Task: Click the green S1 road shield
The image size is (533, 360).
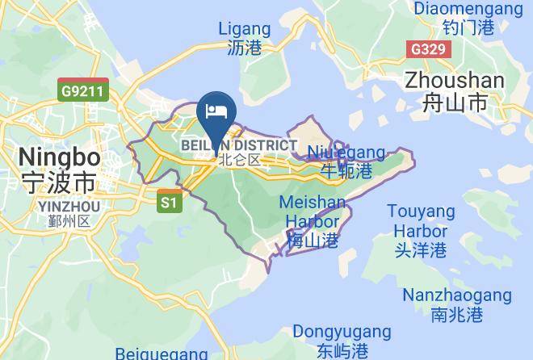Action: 168,202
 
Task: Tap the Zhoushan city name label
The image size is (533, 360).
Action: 455,81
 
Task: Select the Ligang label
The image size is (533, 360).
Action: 245,29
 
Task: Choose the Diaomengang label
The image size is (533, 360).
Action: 468,9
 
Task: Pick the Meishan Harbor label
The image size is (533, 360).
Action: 313,211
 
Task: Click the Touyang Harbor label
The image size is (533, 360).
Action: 421,222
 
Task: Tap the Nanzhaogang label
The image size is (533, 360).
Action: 456,295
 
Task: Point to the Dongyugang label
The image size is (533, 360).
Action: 342,332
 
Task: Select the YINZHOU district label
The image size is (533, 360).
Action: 69,207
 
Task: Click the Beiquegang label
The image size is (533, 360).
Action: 162,354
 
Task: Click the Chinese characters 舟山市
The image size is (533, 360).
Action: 455,103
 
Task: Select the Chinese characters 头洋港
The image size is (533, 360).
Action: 421,250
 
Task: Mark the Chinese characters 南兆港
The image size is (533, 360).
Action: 456,314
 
